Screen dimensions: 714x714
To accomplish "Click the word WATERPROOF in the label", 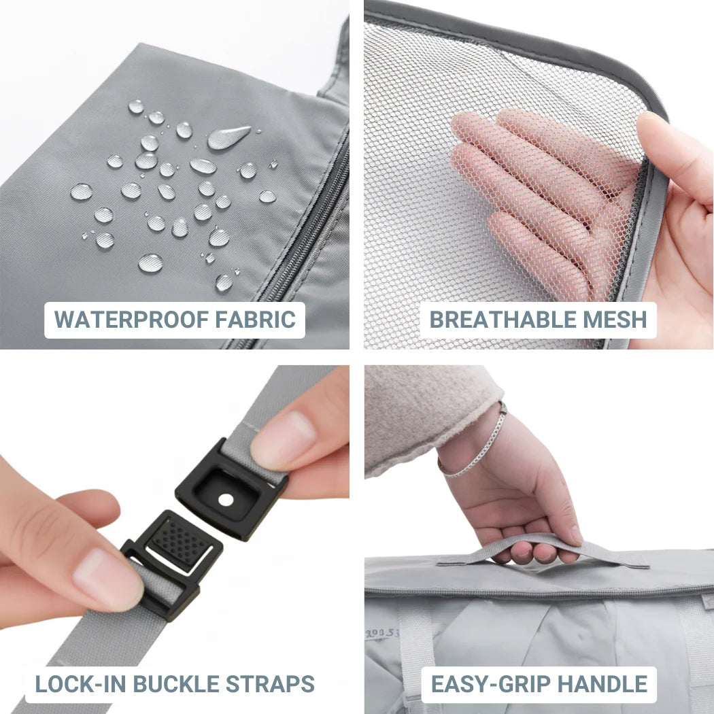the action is [x=131, y=319].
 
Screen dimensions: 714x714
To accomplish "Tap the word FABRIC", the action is [x=256, y=319].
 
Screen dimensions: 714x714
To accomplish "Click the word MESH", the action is [x=615, y=319].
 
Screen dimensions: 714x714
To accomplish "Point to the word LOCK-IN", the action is [x=82, y=684].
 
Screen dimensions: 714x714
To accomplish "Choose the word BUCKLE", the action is [x=176, y=684].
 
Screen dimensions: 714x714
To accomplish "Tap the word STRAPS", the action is [x=270, y=684].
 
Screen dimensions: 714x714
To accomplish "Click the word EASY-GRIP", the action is [x=490, y=684].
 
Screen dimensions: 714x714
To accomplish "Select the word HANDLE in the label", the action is [x=602, y=684].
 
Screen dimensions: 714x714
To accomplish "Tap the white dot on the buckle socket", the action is [x=226, y=500].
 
